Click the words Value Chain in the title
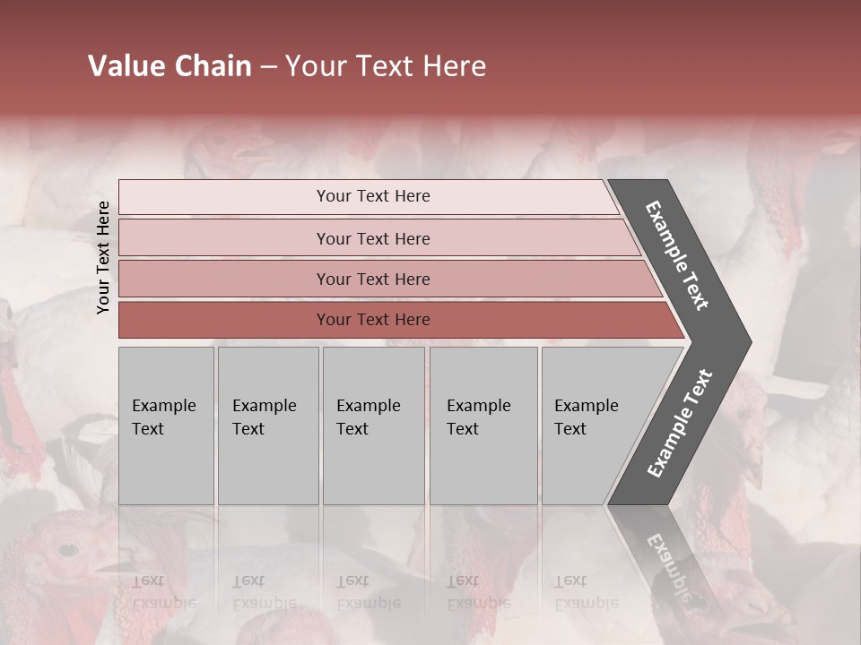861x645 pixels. (170, 66)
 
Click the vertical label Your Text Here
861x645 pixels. (103, 257)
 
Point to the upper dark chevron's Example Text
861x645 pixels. (677, 255)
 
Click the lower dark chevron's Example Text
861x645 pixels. (679, 424)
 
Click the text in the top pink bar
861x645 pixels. (373, 196)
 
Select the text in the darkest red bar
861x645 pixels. (373, 320)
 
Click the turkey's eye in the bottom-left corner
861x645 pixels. (64, 548)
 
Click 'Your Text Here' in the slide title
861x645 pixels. (386, 66)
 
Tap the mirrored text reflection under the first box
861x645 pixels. (163, 592)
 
